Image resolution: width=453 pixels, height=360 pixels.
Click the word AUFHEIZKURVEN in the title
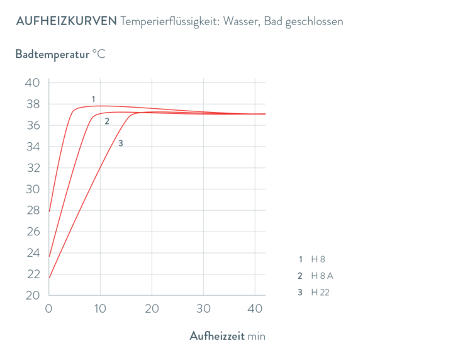click(x=65, y=21)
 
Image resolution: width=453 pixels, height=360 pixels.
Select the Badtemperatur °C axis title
click(x=61, y=53)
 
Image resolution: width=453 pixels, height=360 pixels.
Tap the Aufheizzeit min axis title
click(x=228, y=336)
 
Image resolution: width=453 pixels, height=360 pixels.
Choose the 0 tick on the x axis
click(x=48, y=309)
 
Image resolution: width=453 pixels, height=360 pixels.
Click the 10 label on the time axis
click(x=99, y=309)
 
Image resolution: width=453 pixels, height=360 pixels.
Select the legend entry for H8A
click(x=315, y=276)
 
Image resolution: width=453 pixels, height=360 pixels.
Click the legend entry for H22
click(x=315, y=292)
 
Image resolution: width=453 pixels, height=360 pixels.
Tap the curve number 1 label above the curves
click(x=93, y=99)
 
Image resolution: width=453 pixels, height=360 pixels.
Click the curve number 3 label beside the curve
click(x=120, y=143)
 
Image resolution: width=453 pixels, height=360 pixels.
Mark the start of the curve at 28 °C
click(x=49, y=211)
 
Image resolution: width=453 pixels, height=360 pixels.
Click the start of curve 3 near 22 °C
click(x=49, y=276)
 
